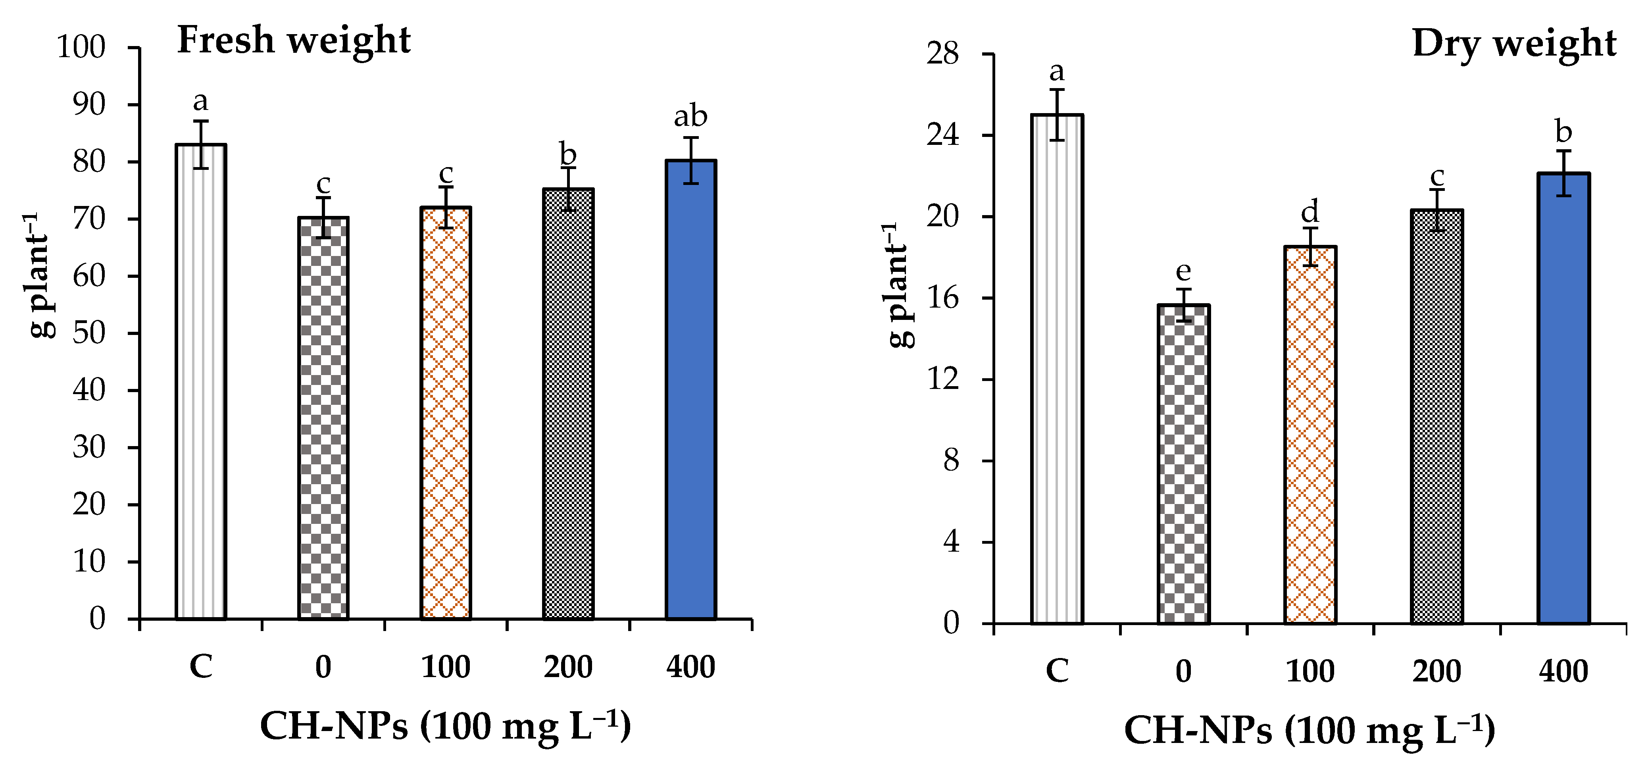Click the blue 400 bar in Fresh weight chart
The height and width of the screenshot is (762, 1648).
[x=690, y=390]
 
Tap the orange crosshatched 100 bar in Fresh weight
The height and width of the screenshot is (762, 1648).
[x=446, y=413]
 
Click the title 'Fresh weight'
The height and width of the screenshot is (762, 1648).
[x=294, y=40]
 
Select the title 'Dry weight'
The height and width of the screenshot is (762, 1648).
[x=1513, y=44]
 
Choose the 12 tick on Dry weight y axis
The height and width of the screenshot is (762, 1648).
[x=943, y=379]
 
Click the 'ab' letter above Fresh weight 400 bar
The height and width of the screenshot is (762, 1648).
[x=690, y=116]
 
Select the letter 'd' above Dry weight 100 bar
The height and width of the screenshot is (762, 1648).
[x=1310, y=211]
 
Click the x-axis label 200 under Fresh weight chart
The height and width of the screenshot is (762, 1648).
[x=568, y=667]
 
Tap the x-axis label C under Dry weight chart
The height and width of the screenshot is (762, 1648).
[x=1056, y=671]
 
